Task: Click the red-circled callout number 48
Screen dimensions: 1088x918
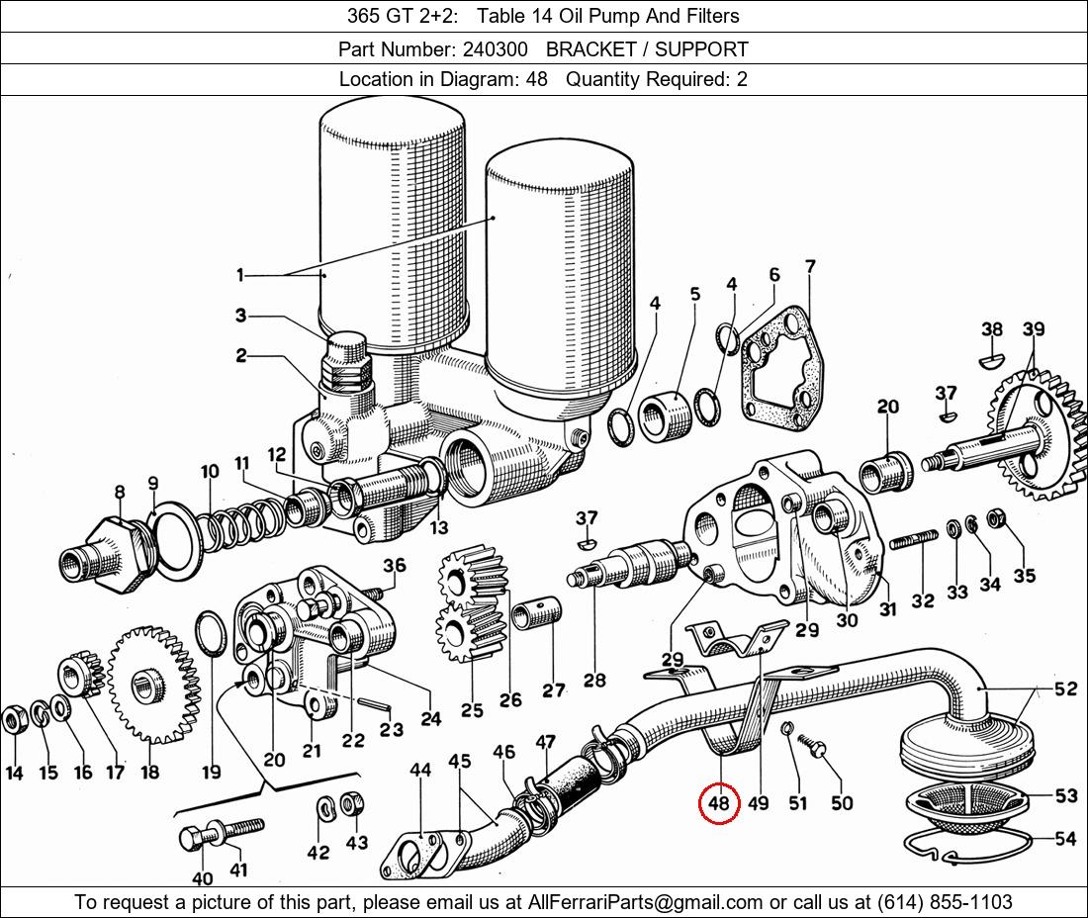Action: click(719, 803)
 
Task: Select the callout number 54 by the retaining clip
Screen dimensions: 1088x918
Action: click(1065, 839)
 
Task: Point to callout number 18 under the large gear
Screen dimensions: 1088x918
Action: click(150, 772)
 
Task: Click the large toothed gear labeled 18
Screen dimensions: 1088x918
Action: click(150, 685)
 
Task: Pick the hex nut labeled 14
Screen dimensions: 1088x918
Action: click(13, 720)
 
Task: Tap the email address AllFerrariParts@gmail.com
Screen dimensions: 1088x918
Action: click(646, 902)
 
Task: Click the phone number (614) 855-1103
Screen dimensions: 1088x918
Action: click(945, 902)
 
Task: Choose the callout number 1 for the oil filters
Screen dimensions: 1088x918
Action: click(240, 275)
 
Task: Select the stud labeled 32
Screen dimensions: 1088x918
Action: click(914, 539)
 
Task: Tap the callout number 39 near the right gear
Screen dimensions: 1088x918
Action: click(1034, 328)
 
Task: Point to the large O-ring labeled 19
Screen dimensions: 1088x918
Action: click(211, 633)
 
